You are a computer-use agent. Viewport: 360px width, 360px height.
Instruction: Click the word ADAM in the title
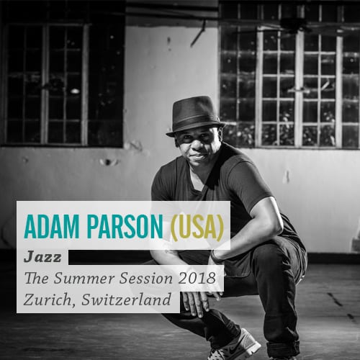[51, 227]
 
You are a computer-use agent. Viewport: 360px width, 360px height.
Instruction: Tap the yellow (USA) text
[197, 228]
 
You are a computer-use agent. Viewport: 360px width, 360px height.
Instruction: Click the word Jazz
[42, 258]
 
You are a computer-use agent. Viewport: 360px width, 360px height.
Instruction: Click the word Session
[146, 279]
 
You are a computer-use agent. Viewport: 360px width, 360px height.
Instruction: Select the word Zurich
[49, 300]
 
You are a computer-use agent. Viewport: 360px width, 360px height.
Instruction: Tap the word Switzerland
[127, 300]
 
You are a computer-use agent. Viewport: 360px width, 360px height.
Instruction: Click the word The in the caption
[37, 279]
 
